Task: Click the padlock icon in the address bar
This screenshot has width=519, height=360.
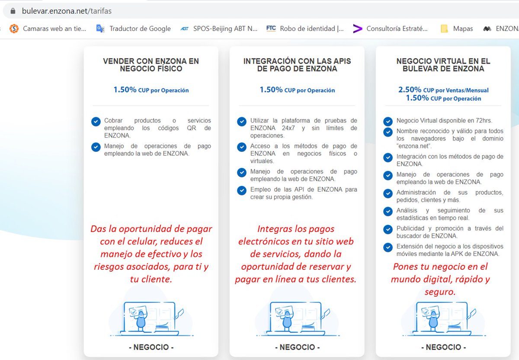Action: click(13, 11)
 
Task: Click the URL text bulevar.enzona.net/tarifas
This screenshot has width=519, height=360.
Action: click(67, 11)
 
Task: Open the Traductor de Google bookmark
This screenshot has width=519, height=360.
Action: click(134, 29)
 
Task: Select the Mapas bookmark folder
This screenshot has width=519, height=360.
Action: click(457, 29)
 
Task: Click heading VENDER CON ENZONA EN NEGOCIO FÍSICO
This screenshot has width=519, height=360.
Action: click(151, 65)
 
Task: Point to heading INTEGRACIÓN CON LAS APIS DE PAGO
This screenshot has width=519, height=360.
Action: click(297, 65)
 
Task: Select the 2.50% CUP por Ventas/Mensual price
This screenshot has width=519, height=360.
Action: click(443, 90)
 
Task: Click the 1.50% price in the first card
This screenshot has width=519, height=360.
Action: click(151, 90)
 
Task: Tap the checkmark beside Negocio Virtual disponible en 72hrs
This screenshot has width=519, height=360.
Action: click(388, 121)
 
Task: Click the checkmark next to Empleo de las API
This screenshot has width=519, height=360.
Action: click(242, 190)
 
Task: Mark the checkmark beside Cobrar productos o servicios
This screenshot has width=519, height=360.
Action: click(96, 122)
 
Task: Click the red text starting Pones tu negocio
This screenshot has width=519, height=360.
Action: click(440, 279)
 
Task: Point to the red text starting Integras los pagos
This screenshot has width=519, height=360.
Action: click(296, 254)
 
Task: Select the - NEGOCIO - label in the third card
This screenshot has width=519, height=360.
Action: click(443, 347)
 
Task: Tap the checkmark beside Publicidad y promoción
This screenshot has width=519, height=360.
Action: click(388, 229)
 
